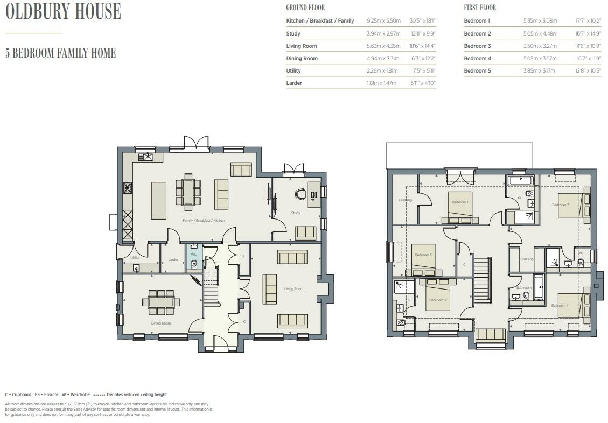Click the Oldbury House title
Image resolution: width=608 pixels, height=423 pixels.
[63, 12]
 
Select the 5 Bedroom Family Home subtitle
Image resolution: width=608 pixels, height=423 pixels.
[60, 53]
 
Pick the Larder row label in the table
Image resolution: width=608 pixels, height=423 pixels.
[294, 83]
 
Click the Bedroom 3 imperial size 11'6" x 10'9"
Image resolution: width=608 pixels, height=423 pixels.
[588, 46]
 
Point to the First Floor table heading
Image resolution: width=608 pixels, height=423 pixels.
[480, 8]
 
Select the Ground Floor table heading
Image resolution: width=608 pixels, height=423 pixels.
[305, 8]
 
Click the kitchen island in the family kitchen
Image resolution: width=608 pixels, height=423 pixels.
[159, 200]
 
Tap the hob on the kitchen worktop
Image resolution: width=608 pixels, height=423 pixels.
[128, 187]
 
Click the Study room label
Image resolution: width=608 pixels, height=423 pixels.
[296, 213]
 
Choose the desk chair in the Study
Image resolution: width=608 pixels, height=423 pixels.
[299, 195]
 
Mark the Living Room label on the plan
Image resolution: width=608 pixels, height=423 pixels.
[293, 289]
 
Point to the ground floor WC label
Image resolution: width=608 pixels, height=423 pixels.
[193, 254]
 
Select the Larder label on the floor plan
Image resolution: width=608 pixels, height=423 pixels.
[173, 260]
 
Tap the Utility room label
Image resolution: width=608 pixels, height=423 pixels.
[135, 258]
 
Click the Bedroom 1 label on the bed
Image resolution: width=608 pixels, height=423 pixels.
[459, 202]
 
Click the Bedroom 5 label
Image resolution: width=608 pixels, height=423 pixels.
[423, 255]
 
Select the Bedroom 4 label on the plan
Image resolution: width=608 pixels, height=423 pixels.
[560, 306]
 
